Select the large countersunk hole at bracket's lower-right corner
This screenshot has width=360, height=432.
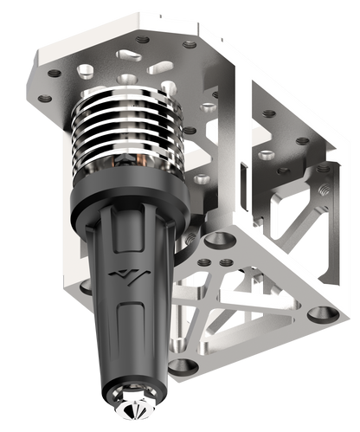pyautogui.click(x=321, y=313)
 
